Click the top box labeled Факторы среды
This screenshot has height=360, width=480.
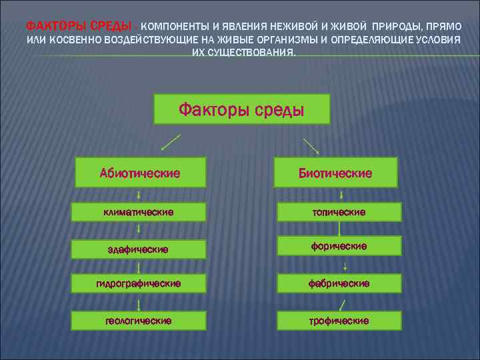242,109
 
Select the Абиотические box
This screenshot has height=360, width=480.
139,173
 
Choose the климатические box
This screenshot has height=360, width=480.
139,212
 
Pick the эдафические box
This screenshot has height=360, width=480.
139,249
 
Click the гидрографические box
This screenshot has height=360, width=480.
139,283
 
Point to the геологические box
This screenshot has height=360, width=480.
139,320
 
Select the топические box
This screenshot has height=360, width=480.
339,212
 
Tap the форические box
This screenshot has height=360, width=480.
339,246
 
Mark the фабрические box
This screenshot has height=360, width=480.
339,283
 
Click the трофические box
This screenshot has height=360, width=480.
339,320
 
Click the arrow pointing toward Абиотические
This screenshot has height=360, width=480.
170,143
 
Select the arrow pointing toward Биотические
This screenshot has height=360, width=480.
310,146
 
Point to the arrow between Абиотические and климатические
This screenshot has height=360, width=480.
139,195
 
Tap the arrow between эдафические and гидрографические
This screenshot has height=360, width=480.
139,267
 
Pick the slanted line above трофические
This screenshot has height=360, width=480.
342,305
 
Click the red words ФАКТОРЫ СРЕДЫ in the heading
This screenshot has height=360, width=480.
79,25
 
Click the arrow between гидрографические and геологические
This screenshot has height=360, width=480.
139,303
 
